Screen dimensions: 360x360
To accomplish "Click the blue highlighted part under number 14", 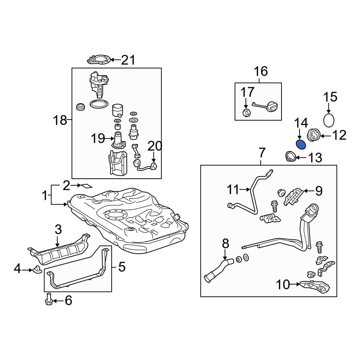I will pyautogui.click(x=301, y=145).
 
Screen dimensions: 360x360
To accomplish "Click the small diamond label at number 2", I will pyautogui.click(x=86, y=186).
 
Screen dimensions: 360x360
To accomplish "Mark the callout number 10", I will pyautogui.click(x=283, y=285).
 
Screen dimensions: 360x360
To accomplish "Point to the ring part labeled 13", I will pyautogui.click(x=290, y=157).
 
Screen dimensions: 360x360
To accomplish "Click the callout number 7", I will pyautogui.click(x=262, y=153).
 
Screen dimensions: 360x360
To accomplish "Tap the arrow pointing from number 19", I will pyautogui.click(x=109, y=138).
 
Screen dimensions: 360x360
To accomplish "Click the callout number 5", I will pyautogui.click(x=122, y=267).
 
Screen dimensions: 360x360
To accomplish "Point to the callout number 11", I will pyautogui.click(x=233, y=189).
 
